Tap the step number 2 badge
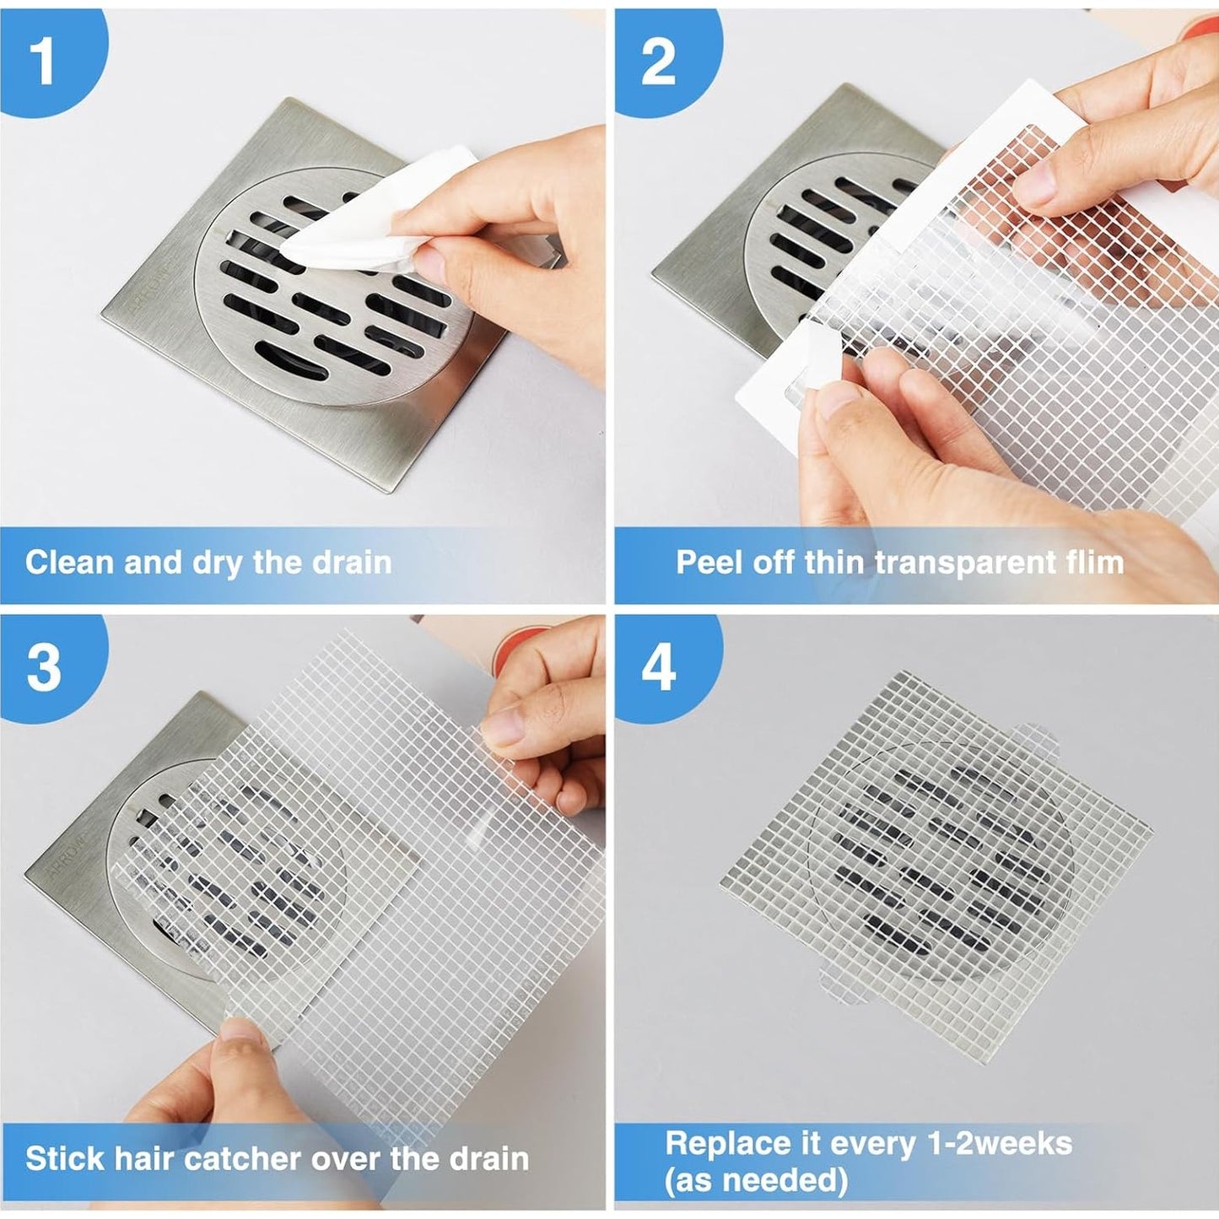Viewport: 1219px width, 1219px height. tap(658, 61)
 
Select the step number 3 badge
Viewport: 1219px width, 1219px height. tap(44, 666)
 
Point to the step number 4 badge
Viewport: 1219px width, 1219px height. tap(659, 666)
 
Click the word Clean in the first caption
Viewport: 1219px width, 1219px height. tap(70, 563)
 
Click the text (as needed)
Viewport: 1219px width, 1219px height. tap(755, 1179)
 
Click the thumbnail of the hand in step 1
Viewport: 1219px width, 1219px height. tap(430, 263)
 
